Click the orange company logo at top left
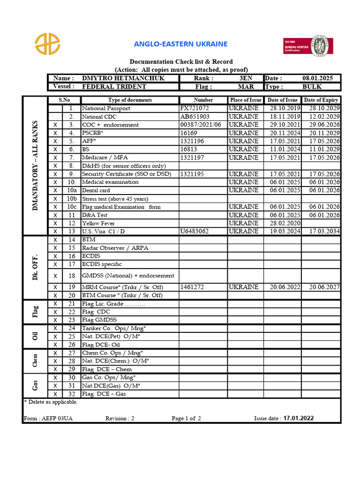[47, 44]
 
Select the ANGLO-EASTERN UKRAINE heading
[180, 44]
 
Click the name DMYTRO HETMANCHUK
[123, 78]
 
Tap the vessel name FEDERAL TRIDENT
[114, 87]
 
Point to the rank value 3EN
[246, 78]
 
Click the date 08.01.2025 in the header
[318, 78]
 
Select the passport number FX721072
[195, 108]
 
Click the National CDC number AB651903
[195, 116]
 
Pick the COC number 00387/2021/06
[201, 125]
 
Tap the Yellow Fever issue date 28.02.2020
[282, 223]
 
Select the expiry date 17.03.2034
[321, 231]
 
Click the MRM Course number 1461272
[192, 287]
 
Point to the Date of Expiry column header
[321, 100]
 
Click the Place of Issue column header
[246, 100]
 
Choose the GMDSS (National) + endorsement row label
[128, 276]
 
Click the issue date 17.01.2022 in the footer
[299, 419]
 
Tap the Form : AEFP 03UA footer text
[48, 419]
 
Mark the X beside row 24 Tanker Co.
[55, 328]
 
